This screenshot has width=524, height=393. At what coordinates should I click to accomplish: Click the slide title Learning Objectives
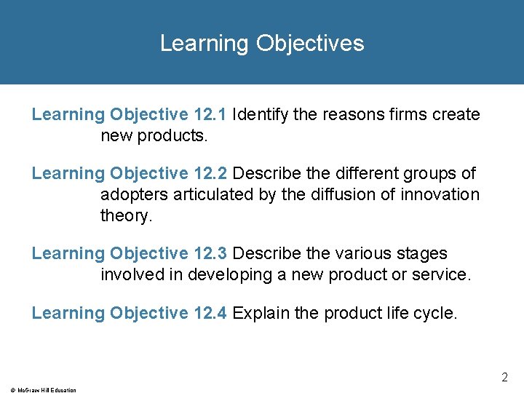click(262, 43)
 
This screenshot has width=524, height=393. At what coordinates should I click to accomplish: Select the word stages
click(423, 253)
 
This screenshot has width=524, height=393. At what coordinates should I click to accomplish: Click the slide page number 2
click(504, 377)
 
